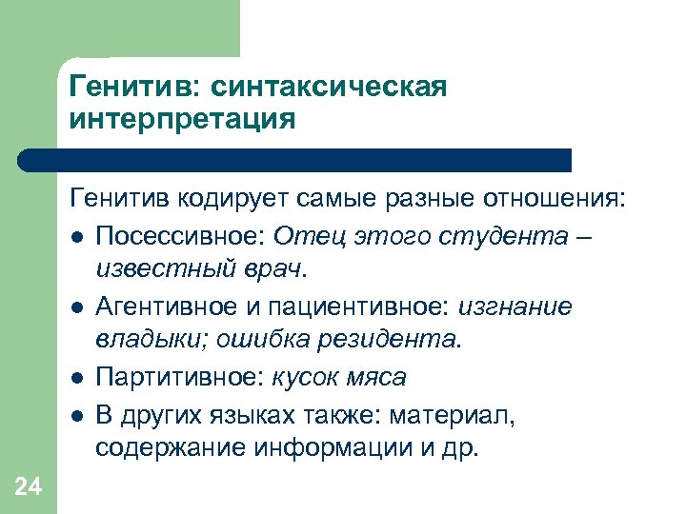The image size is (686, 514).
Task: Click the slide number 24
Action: pyautogui.click(x=28, y=487)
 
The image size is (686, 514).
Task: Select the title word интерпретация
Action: pyautogui.click(x=182, y=120)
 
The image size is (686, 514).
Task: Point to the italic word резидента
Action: pyautogui.click(x=390, y=339)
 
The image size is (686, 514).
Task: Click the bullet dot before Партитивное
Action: pyautogui.click(x=75, y=378)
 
